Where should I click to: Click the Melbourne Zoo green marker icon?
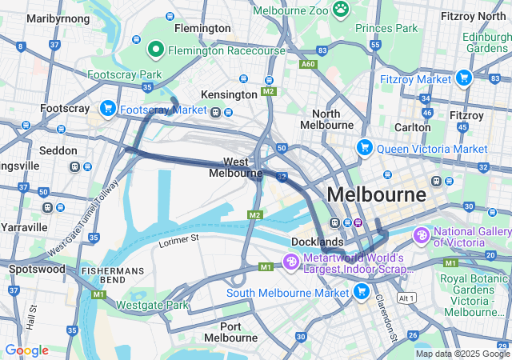click(x=342, y=9)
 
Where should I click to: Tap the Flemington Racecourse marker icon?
click(x=155, y=50)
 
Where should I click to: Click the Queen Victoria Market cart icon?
click(x=365, y=148)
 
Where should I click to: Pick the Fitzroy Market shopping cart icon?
click(x=463, y=78)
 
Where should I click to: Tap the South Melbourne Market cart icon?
click(x=362, y=291)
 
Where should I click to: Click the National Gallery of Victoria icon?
click(x=422, y=236)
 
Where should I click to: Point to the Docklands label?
click(x=318, y=242)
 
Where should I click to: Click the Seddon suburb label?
click(x=58, y=150)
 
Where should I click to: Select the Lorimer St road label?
click(x=178, y=239)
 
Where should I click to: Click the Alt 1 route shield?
click(x=407, y=298)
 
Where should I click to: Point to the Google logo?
click(x=26, y=350)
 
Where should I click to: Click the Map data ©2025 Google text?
click(x=462, y=354)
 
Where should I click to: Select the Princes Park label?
click(x=387, y=28)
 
